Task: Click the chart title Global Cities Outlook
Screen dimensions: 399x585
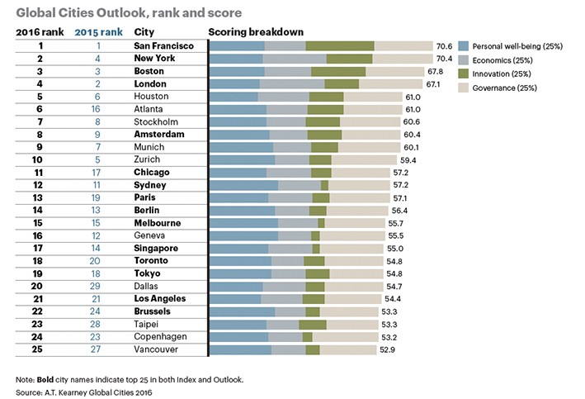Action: click(116, 12)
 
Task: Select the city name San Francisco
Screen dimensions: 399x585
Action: click(163, 45)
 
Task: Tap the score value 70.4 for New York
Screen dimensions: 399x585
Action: click(446, 59)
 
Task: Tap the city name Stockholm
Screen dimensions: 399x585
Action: click(156, 121)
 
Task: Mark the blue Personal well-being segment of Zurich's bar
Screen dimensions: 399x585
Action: click(242, 159)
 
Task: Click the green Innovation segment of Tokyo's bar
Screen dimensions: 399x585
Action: click(318, 273)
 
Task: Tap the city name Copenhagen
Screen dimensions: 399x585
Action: click(160, 336)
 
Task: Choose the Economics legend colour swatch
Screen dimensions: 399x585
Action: click(464, 59)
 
